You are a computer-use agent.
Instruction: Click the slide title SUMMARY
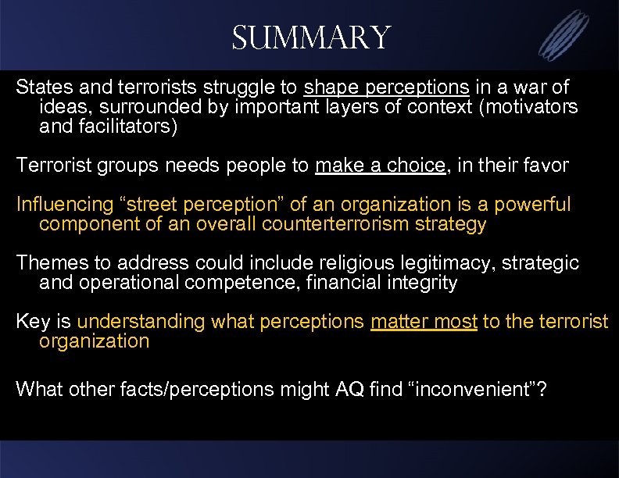pos(310,37)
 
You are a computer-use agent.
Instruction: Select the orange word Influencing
pos(65,205)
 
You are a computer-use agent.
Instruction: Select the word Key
pos(31,321)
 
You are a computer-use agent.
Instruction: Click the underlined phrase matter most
pos(424,321)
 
